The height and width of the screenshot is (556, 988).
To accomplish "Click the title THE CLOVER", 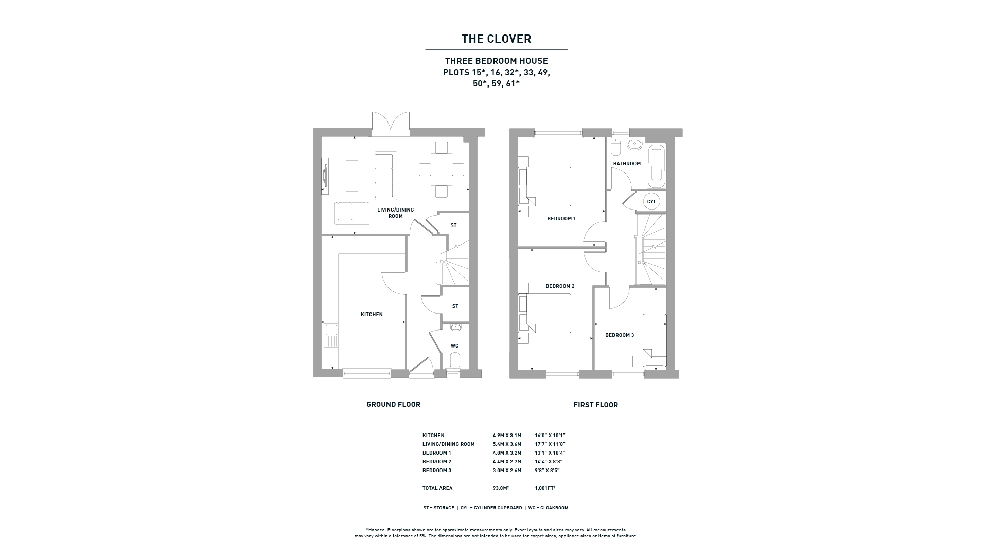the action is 496,39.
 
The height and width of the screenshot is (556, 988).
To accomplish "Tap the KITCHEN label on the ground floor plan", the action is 372,315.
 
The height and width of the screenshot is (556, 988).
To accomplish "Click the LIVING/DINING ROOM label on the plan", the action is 395,213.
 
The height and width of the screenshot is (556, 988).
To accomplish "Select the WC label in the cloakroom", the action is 454,346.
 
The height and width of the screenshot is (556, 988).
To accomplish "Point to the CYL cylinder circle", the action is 651,201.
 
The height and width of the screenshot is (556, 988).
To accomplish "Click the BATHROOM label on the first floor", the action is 627,164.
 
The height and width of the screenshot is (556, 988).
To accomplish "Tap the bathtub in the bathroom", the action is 656,166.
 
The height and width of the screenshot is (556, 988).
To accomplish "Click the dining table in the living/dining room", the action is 442,169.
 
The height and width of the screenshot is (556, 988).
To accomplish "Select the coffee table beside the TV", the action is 351,176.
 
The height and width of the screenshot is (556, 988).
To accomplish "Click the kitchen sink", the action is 330,335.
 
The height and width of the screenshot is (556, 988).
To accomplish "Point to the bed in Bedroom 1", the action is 549,186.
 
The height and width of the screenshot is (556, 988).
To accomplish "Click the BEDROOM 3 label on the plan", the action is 620,335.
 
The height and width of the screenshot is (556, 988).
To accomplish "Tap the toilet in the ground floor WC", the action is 454,361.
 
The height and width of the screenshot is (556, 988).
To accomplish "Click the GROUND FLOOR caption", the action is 393,404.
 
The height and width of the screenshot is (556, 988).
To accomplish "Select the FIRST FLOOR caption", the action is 596,405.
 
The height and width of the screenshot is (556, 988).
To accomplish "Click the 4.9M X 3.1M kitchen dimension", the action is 507,436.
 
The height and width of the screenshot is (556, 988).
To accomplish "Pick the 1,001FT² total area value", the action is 545,488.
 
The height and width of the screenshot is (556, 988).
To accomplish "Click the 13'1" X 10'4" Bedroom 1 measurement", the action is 550,453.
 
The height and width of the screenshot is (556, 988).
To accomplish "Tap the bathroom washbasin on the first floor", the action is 634,145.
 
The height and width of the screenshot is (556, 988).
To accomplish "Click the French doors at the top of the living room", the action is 391,124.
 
